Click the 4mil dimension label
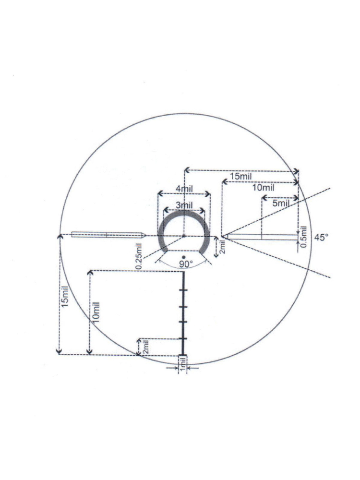click(x=184, y=189)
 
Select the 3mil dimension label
click(x=184, y=205)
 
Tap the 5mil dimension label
click(x=281, y=203)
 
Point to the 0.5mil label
click(x=303, y=237)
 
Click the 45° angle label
click(x=322, y=237)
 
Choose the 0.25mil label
click(x=139, y=256)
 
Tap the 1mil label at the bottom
click(x=182, y=364)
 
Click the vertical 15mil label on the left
click(x=65, y=299)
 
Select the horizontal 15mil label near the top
click(x=241, y=176)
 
